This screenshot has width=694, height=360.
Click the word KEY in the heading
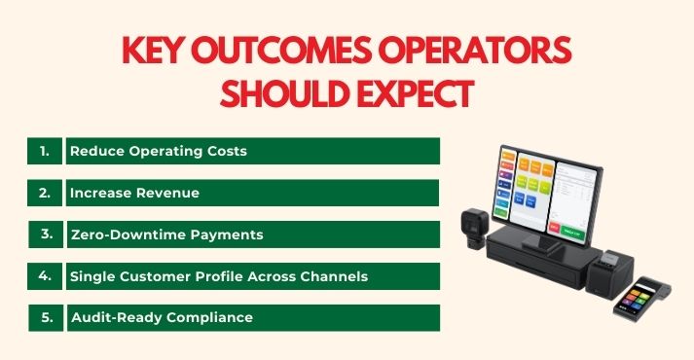pyautogui.click(x=156, y=51)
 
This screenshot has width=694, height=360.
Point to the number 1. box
pyautogui.click(x=45, y=151)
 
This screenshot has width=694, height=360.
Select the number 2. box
pyautogui.click(x=45, y=193)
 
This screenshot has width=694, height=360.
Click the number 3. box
pyautogui.click(x=45, y=234)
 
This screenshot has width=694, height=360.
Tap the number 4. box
pyautogui.click(x=45, y=276)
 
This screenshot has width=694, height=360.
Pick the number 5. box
pyautogui.click(x=45, y=318)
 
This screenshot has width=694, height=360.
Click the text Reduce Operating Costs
pyautogui.click(x=158, y=151)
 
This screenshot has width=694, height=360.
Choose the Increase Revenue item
pyautogui.click(x=134, y=193)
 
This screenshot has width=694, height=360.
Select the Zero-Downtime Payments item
pyautogui.click(x=166, y=234)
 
